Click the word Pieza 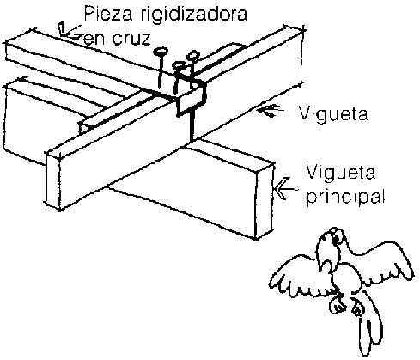coord(108,14)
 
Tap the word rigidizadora coord(195,15)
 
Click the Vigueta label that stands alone coord(333,114)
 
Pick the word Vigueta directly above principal coord(341,173)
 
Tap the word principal coord(345,197)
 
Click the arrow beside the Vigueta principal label coord(284,189)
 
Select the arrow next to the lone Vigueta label coord(271,111)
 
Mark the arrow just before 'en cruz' coord(70,32)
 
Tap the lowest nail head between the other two coord(179,66)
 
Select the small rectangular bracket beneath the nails coord(191,98)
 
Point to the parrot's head coord(332,242)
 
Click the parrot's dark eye coord(336,236)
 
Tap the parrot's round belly coord(346,277)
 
